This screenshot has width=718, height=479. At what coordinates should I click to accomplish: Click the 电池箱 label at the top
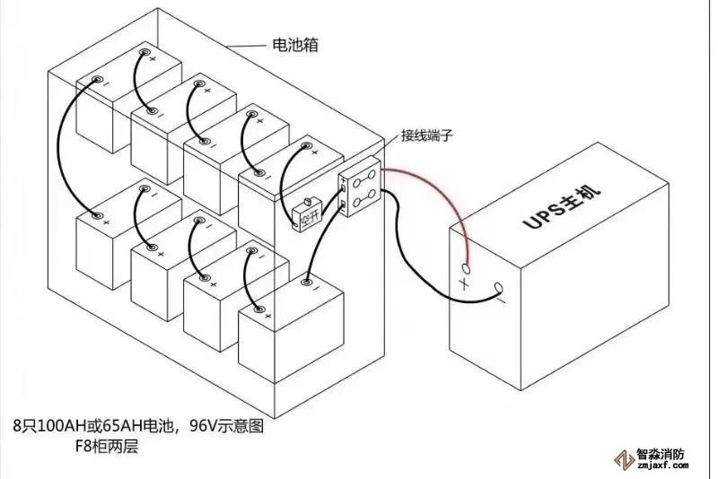tap(297, 44)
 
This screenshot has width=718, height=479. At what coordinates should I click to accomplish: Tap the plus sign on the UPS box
tap(464, 283)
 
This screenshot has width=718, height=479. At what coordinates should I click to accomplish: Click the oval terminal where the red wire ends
tap(466, 267)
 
